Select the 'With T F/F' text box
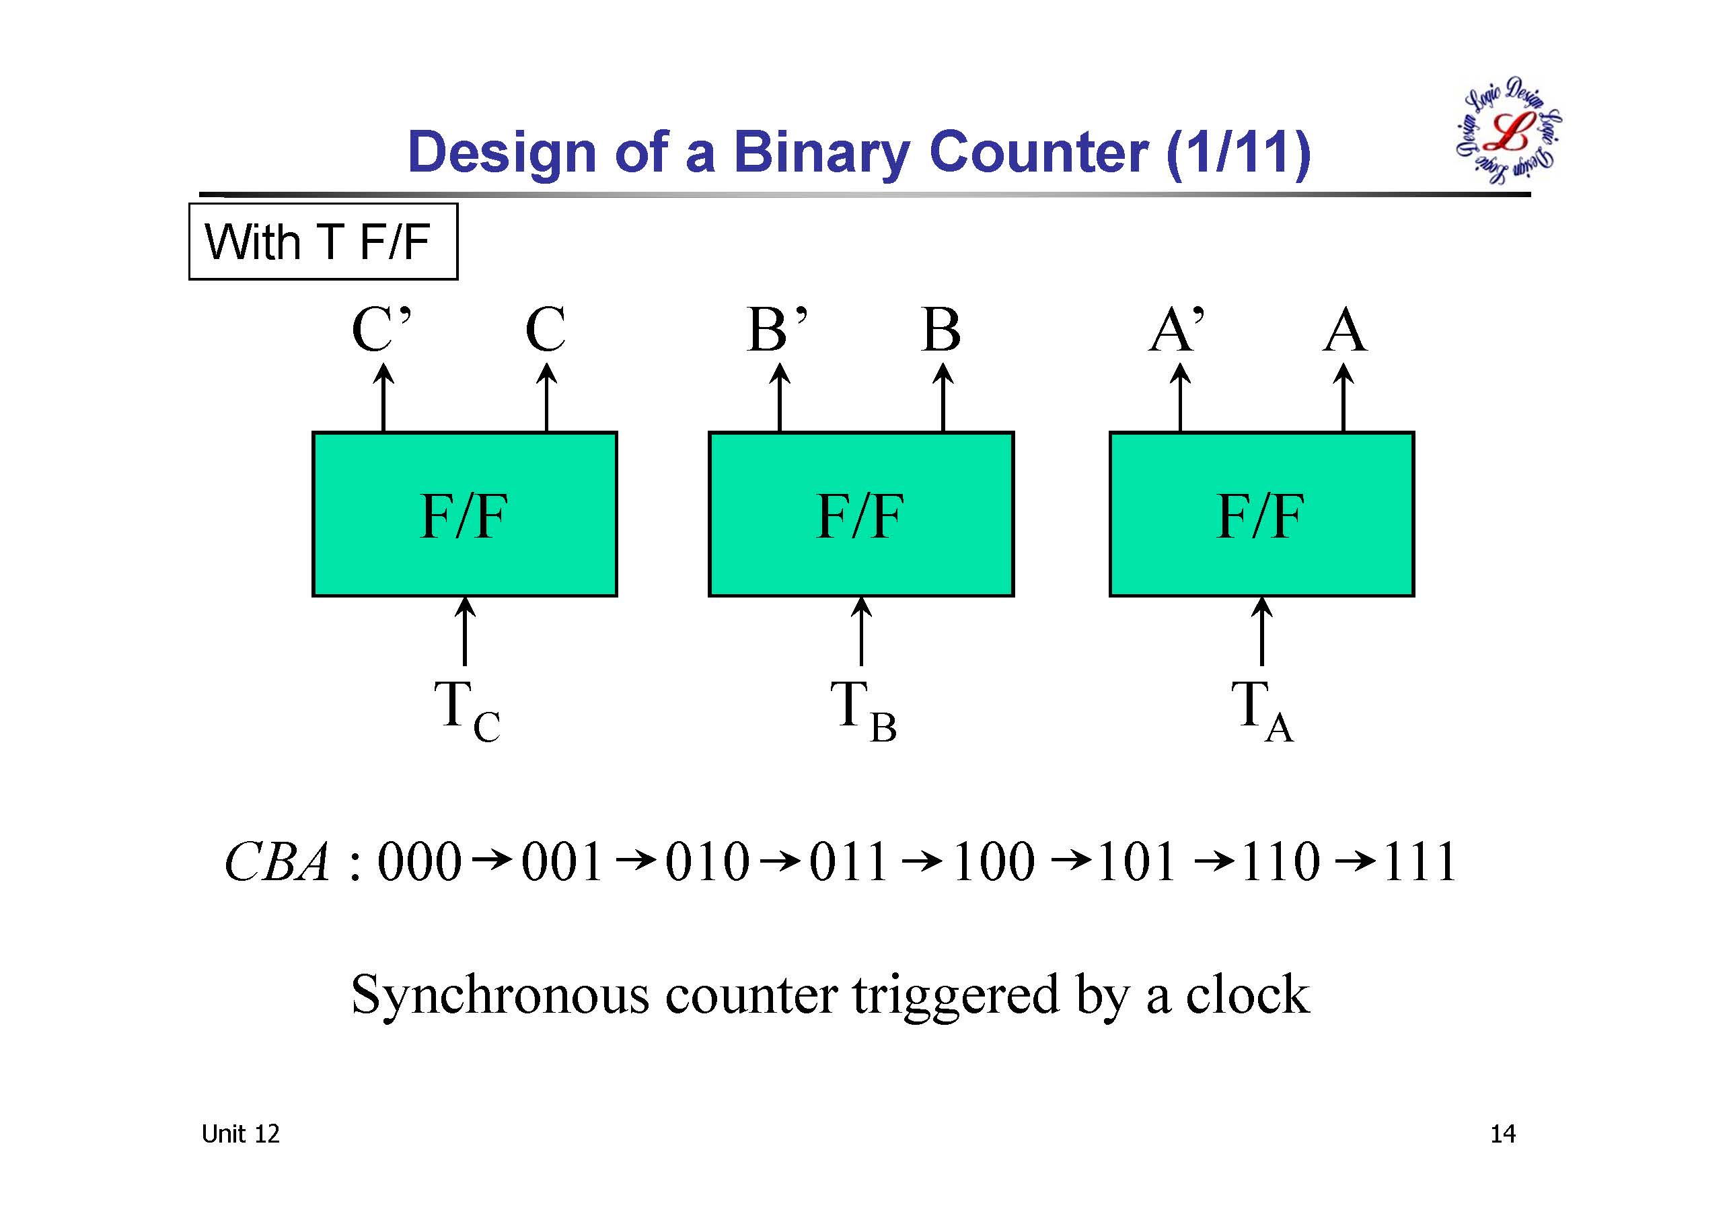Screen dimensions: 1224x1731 pyautogui.click(x=323, y=242)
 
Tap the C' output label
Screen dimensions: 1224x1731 pyautogui.click(x=381, y=330)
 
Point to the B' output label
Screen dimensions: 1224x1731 pyautogui.click(x=776, y=330)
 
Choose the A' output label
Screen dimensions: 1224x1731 pyautogui.click(x=1176, y=330)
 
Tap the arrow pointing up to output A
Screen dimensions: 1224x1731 pyautogui.click(x=1343, y=398)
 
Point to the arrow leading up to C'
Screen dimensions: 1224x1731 pyautogui.click(x=383, y=398)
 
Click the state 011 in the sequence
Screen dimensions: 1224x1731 pyautogui.click(x=848, y=861)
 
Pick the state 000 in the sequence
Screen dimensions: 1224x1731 pyautogui.click(x=419, y=861)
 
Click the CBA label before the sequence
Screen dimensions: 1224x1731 pyautogui.click(x=277, y=861)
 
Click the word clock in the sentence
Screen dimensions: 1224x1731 pyautogui.click(x=1247, y=995)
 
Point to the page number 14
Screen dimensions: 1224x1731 pyautogui.click(x=1502, y=1135)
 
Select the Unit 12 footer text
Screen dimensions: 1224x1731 pyautogui.click(x=240, y=1134)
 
